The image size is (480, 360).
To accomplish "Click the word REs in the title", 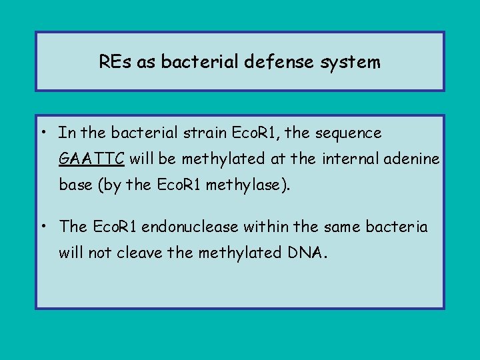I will pos(114,63).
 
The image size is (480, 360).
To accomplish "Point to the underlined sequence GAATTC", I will pos(91,159).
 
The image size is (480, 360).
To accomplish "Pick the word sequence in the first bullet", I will pos(349,133).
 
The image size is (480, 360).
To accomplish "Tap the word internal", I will pos(345,159).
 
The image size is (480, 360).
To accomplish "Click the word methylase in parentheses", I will pos(249,185).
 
